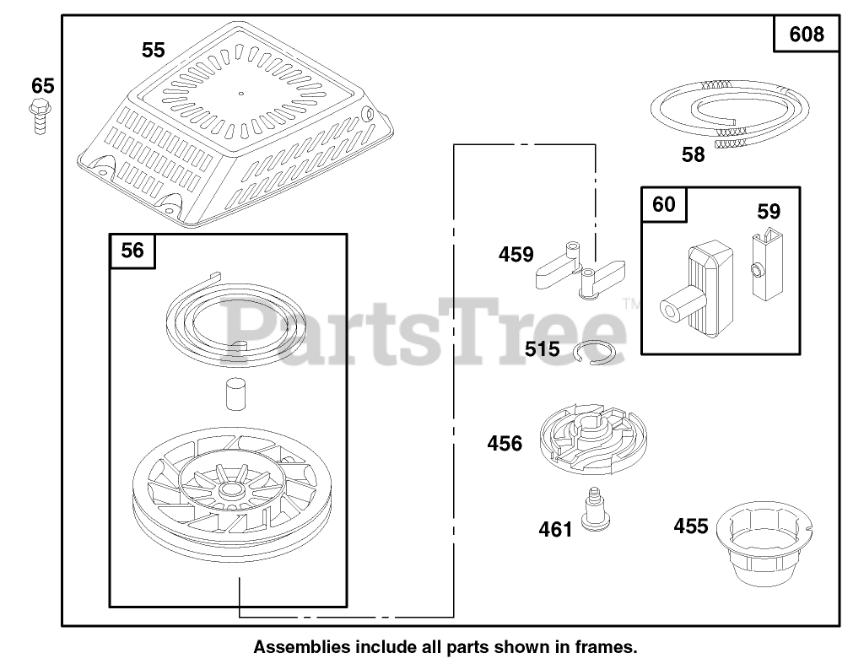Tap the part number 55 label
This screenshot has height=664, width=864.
click(153, 51)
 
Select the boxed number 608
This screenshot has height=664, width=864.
click(807, 35)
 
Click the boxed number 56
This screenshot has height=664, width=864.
click(132, 251)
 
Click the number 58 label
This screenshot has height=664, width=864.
click(693, 155)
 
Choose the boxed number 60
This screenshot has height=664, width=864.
click(664, 205)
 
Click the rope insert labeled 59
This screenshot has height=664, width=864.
click(765, 265)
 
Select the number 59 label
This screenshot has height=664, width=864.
click(769, 212)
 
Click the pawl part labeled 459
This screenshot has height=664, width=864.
click(581, 269)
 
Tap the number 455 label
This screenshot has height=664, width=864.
click(691, 526)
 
